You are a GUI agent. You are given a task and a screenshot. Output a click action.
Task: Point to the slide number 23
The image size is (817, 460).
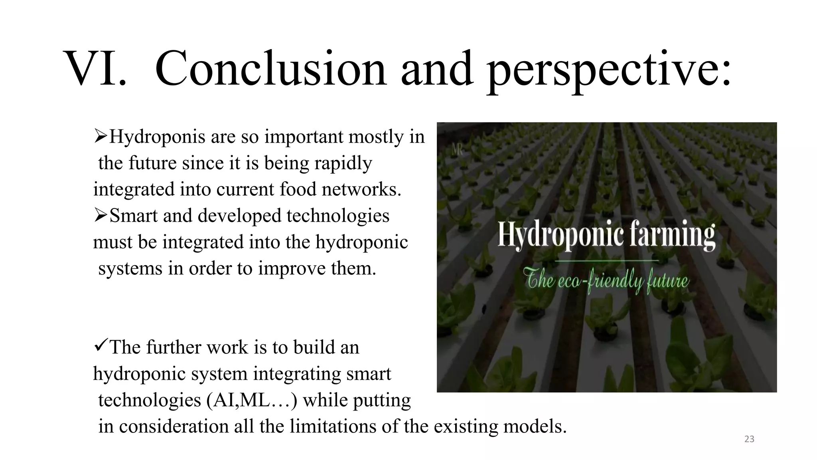(x=749, y=439)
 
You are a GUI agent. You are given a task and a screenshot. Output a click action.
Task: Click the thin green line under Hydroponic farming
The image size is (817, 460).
(x=606, y=260)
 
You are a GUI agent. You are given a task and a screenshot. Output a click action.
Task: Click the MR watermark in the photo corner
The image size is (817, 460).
(x=457, y=151)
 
